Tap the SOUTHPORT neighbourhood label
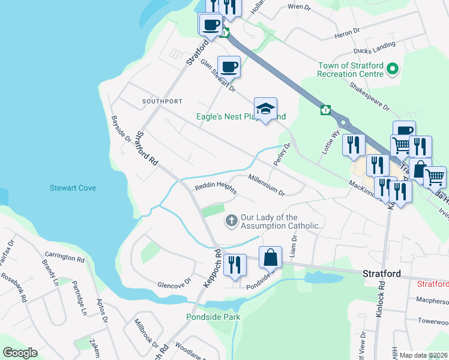tap(161, 101)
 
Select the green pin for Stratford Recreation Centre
tap(393, 70)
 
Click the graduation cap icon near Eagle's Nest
tap(265, 109)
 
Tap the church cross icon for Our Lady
tap(231, 221)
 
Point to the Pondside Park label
tap(212, 316)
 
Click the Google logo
tap(20, 353)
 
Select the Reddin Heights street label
tap(214, 188)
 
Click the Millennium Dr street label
tap(266, 184)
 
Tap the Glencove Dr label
tap(173, 281)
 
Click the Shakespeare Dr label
tap(370, 96)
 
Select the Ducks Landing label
tap(375, 47)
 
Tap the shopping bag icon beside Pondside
tap(271, 257)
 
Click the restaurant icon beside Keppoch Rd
tap(235, 265)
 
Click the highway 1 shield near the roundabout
tap(325, 110)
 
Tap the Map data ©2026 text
tap(423, 355)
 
